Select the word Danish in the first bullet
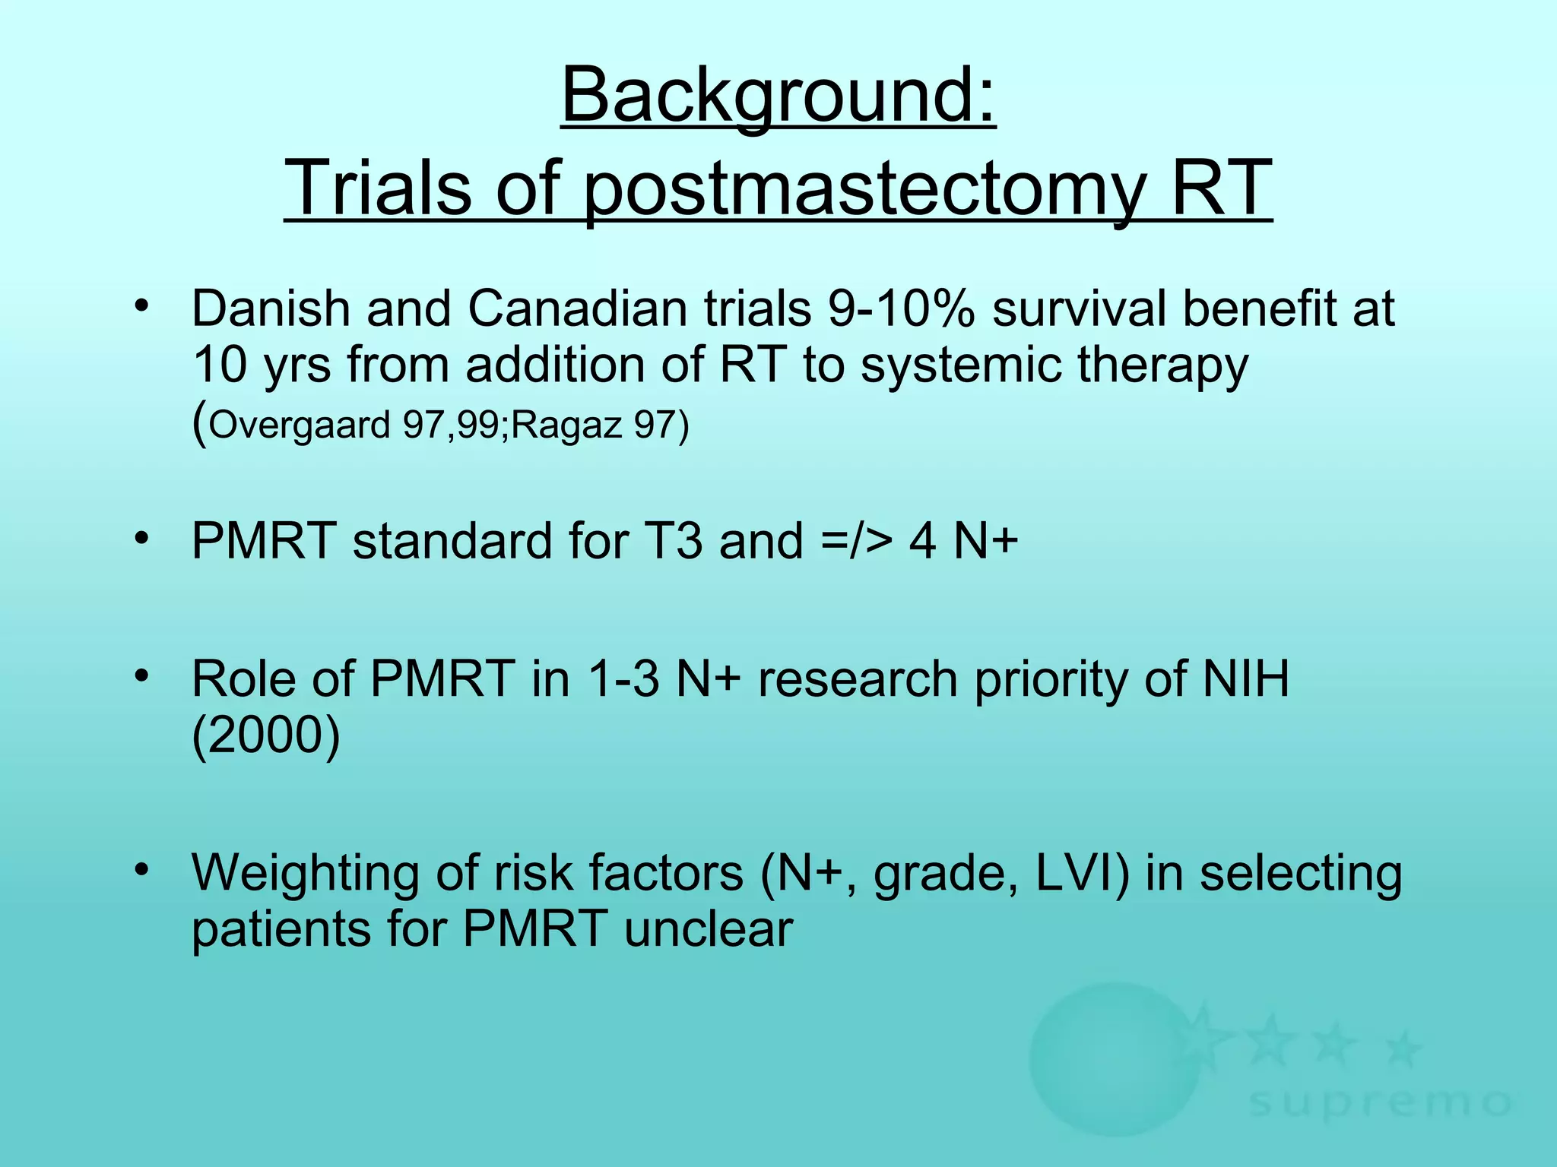(270, 308)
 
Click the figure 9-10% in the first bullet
(901, 308)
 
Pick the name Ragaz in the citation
(566, 424)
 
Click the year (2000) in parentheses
(265, 735)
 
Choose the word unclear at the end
(708, 928)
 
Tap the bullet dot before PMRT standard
(140, 539)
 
